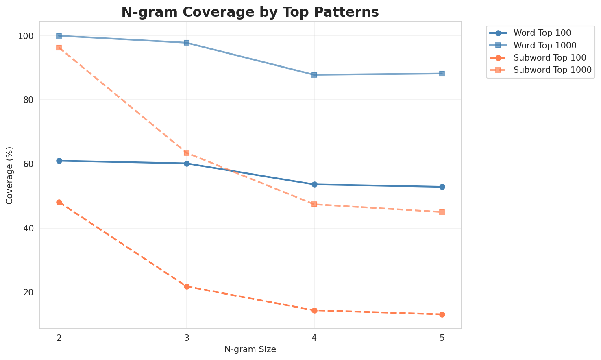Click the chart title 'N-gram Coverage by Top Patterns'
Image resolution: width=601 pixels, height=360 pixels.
[250, 12]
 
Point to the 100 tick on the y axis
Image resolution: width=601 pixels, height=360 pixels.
[26, 36]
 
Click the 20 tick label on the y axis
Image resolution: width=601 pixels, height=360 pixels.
[28, 292]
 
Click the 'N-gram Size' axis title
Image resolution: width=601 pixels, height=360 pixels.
[250, 349]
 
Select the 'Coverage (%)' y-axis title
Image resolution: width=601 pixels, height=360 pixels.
[10, 175]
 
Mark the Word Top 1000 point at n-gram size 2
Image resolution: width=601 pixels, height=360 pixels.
[59, 36]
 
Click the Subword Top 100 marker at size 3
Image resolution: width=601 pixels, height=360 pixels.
[187, 286]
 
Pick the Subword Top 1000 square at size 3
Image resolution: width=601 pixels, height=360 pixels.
[187, 153]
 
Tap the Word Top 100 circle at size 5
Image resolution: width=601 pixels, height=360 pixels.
[442, 187]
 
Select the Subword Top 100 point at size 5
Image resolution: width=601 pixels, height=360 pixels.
[442, 314]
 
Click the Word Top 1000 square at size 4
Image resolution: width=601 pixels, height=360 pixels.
[314, 75]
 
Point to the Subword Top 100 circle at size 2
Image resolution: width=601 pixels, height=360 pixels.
[59, 202]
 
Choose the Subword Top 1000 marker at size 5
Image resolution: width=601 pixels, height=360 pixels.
[442, 212]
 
